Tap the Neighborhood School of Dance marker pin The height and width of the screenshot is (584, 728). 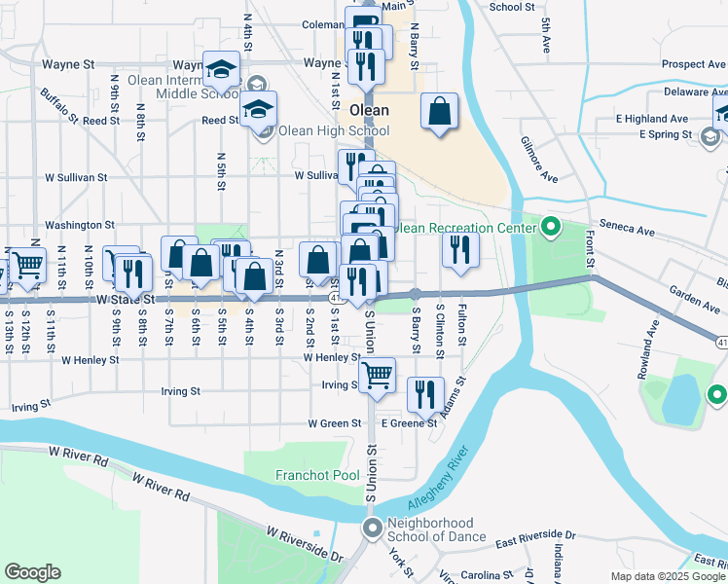[372, 529]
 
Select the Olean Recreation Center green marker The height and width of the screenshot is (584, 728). [550, 228]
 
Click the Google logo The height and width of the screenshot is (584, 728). [32, 572]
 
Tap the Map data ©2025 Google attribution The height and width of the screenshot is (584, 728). [668, 576]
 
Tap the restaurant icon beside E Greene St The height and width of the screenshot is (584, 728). [425, 394]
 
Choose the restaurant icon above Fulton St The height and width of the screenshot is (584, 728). [460, 248]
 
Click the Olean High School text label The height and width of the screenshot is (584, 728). [334, 131]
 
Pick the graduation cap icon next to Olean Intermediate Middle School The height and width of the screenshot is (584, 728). [222, 69]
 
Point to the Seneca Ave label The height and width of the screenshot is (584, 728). [633, 231]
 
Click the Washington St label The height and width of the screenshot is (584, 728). [80, 225]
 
